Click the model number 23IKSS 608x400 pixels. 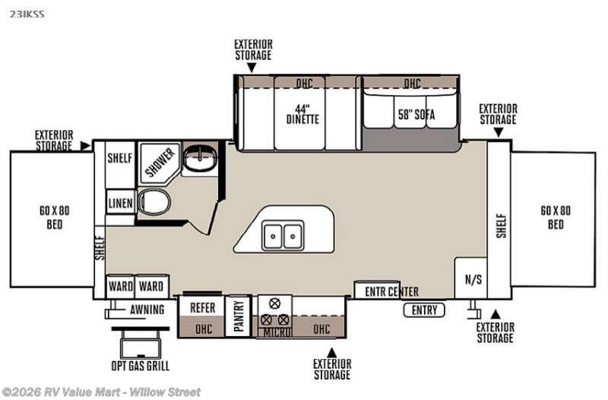pyautogui.click(x=27, y=14)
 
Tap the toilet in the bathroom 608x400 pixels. pyautogui.click(x=154, y=202)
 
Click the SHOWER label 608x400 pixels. pyautogui.click(x=160, y=162)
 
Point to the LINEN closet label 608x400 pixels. pyautogui.click(x=120, y=203)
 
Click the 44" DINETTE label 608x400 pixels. pyautogui.click(x=302, y=114)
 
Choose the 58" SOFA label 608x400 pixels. pyautogui.click(x=416, y=115)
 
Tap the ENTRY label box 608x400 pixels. pyautogui.click(x=424, y=310)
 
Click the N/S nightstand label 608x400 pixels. pyautogui.click(x=473, y=279)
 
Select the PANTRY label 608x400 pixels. pyautogui.click(x=239, y=316)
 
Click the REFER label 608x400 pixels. pyautogui.click(x=202, y=308)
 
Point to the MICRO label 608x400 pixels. pyautogui.click(x=277, y=332)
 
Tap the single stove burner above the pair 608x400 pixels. pyautogui.click(x=274, y=303)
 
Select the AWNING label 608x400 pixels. pyautogui.click(x=147, y=310)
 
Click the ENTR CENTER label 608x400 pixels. pyautogui.click(x=391, y=291)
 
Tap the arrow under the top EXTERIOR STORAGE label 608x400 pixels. pyautogui.click(x=252, y=68)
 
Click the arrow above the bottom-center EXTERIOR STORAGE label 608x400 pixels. pyautogui.click(x=332, y=353)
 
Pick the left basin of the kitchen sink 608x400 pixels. pyautogui.click(x=274, y=236)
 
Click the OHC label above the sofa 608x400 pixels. pyautogui.click(x=412, y=83)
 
